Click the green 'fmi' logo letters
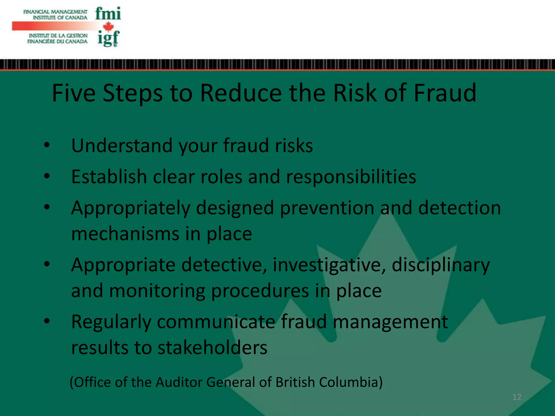coord(108,14)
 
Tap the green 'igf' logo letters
coord(108,39)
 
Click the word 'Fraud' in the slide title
coord(445,93)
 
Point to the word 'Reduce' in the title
coord(241,93)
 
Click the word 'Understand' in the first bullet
coord(122,146)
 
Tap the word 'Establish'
coord(109,177)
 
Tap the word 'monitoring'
coord(157,291)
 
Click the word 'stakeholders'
coord(212,348)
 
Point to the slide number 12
coord(517,397)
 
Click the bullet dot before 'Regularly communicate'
coord(47,321)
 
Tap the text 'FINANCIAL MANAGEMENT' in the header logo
coord(55,12)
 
